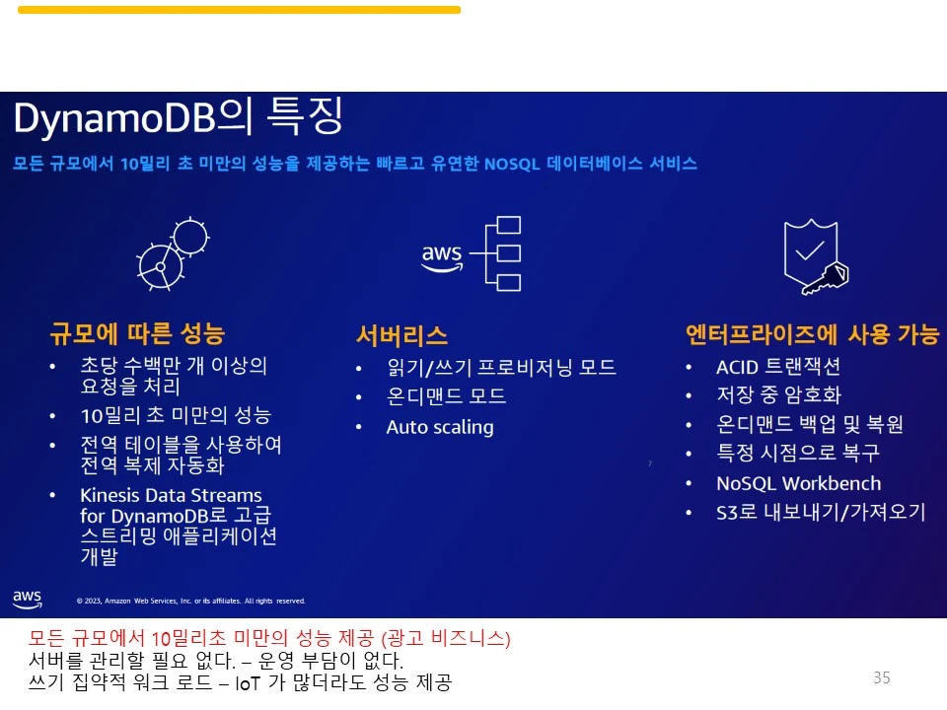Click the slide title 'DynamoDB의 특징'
point(179,118)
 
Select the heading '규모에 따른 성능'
point(137,332)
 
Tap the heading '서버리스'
point(401,335)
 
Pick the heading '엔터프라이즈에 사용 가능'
point(812,334)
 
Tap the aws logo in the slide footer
point(27,598)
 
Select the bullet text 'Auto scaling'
point(439,427)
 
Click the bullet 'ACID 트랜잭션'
point(777,367)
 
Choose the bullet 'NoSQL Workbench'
point(798,483)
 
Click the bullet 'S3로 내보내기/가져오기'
point(821,513)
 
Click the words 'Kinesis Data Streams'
point(171,495)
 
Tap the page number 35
point(881,677)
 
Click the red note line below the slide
point(269,638)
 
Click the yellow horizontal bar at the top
point(239,10)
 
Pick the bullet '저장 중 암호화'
point(778,395)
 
